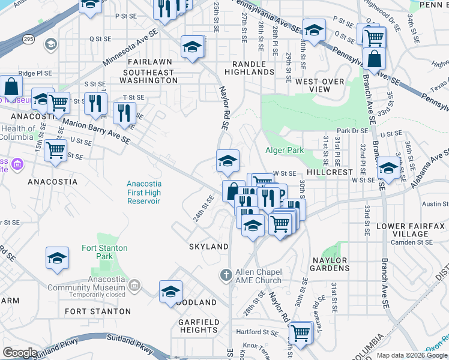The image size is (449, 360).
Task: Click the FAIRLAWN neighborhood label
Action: click(149, 62)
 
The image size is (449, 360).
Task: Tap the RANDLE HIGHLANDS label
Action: click(249, 67)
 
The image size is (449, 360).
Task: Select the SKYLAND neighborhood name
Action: click(208, 247)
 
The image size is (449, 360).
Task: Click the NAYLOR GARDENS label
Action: click(330, 265)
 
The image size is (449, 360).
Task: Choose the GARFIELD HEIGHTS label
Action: click(198, 326)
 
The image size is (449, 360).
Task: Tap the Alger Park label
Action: click(285, 150)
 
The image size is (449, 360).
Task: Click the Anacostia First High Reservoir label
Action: click(143, 193)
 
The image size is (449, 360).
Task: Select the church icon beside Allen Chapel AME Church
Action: click(226, 275)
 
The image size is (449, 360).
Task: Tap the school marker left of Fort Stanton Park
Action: click(57, 258)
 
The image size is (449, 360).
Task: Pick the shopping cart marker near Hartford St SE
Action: click(300, 332)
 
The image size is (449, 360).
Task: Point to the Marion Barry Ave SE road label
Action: click(96, 129)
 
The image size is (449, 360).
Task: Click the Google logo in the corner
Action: click(20, 352)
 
